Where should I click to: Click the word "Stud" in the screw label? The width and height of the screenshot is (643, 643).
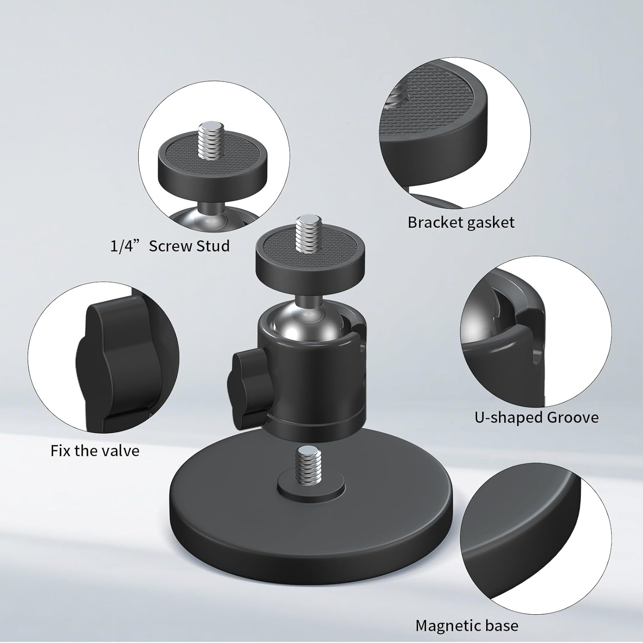[213, 246]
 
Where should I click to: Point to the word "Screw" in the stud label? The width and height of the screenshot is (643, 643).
[170, 246]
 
